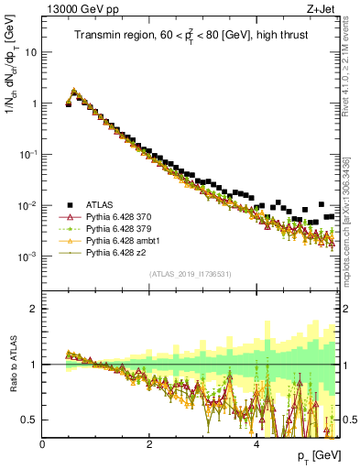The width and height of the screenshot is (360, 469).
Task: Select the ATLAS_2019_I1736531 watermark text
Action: (x=190, y=273)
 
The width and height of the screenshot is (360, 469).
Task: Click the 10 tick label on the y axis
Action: (x=31, y=52)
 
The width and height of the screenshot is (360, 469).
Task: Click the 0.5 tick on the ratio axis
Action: (x=30, y=420)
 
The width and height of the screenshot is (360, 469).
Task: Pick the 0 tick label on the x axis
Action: (x=42, y=443)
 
